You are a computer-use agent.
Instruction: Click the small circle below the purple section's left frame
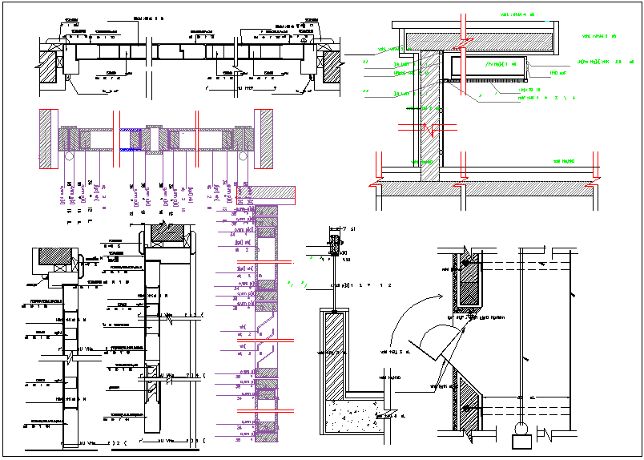[x=70, y=159]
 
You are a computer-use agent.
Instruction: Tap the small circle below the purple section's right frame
[x=244, y=159]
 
